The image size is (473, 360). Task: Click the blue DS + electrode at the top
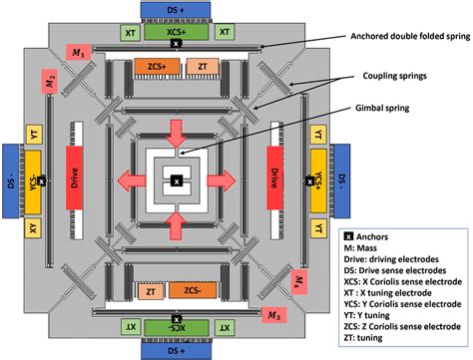[176, 10]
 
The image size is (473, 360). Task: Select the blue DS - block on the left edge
[14, 179]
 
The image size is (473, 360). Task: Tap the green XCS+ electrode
[176, 33]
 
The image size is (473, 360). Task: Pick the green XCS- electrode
[176, 327]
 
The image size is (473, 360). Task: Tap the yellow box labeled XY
[33, 229]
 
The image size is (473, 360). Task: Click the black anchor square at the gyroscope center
[176, 180]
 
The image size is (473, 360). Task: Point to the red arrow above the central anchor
[176, 131]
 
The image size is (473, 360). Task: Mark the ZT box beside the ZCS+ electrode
[205, 66]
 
